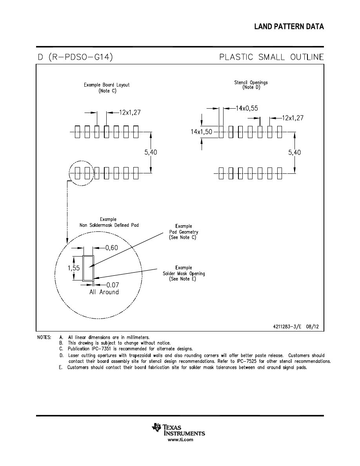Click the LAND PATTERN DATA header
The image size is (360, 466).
click(289, 27)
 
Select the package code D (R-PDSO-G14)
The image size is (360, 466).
click(75, 57)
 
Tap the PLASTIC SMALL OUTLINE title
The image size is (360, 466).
click(271, 57)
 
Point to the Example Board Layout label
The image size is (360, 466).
click(107, 87)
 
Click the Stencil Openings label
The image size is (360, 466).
click(251, 85)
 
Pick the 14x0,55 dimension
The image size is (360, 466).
click(247, 108)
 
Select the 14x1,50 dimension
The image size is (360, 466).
click(202, 132)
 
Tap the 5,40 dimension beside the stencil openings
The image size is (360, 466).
click(294, 152)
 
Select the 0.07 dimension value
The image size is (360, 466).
click(113, 285)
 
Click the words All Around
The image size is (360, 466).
click(104, 292)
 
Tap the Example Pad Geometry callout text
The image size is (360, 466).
click(184, 232)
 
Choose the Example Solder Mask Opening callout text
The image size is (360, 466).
click(184, 273)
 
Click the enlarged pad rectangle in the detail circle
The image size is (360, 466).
click(88, 268)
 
